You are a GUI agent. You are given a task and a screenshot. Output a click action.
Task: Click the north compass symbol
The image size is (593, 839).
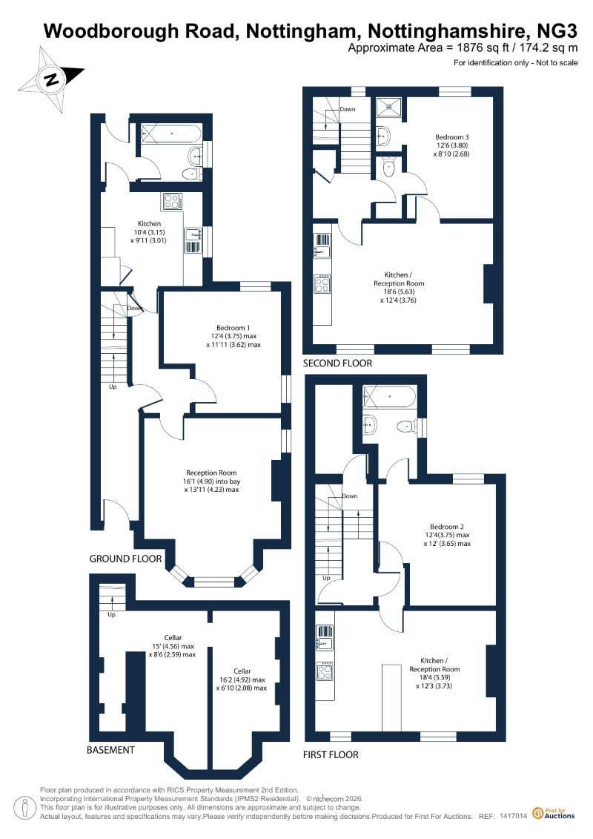click(52, 79)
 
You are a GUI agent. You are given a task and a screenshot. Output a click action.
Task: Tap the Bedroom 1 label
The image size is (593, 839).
click(233, 328)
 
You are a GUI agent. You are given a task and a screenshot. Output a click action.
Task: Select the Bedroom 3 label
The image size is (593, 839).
click(452, 137)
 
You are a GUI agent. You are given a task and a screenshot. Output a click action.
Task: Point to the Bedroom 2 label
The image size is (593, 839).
click(447, 527)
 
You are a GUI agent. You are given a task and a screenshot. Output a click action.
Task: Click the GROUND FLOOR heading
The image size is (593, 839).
click(125, 559)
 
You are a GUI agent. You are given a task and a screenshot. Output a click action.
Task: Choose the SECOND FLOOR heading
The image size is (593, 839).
click(337, 363)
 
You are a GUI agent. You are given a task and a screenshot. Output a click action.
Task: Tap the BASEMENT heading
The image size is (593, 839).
click(110, 750)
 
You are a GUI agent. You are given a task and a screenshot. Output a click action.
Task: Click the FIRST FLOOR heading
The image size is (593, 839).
click(331, 754)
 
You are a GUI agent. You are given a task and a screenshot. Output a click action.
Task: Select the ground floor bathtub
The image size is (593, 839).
click(171, 134)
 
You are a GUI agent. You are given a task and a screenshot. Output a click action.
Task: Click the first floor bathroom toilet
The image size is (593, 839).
click(406, 427)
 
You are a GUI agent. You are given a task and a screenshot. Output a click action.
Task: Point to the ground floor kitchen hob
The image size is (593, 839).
click(172, 201)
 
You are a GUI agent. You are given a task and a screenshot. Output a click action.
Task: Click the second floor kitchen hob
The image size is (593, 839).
click(322, 283)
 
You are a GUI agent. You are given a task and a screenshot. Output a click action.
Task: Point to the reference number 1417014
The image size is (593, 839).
click(514, 816)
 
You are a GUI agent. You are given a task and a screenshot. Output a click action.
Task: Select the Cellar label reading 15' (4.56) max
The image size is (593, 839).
click(173, 646)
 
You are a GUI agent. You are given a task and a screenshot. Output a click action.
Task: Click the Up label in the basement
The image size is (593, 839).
click(112, 615)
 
